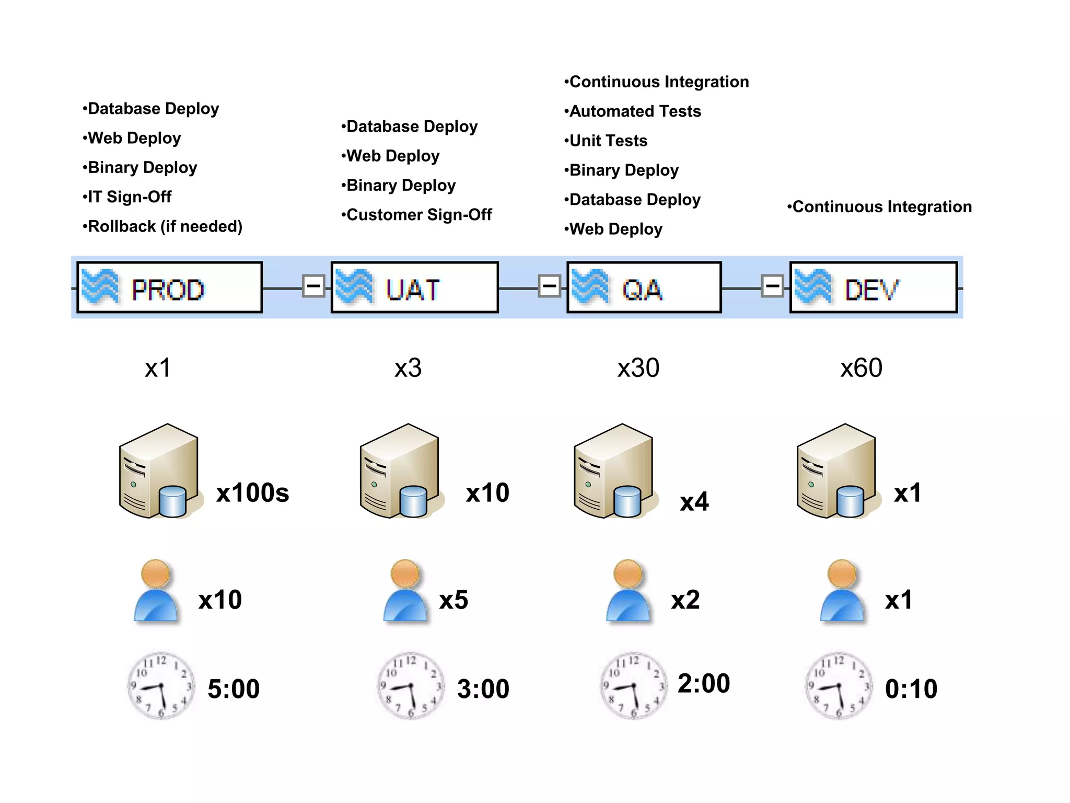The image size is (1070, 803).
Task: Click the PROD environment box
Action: pyautogui.click(x=169, y=288)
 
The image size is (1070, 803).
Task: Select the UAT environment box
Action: pyautogui.click(x=414, y=288)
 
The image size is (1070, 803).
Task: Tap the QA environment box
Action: pyautogui.click(x=644, y=288)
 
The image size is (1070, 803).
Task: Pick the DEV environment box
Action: pyautogui.click(x=873, y=288)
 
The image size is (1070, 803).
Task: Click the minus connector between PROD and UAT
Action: pyautogui.click(x=313, y=286)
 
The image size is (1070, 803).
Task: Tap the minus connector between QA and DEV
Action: pyautogui.click(x=772, y=286)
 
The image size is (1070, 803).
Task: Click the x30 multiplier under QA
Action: pyautogui.click(x=638, y=368)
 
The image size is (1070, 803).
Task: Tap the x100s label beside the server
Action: pyautogui.click(x=252, y=492)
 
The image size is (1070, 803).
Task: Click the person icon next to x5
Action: pyautogui.click(x=405, y=591)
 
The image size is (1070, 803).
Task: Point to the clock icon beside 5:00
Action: pyautogui.click(x=161, y=685)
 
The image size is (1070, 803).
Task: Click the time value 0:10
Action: pyautogui.click(x=911, y=689)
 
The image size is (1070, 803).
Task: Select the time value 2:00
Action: pyautogui.click(x=703, y=683)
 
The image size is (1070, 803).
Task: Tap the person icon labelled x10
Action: pyautogui.click(x=156, y=591)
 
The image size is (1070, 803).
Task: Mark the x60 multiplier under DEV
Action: pyautogui.click(x=861, y=368)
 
